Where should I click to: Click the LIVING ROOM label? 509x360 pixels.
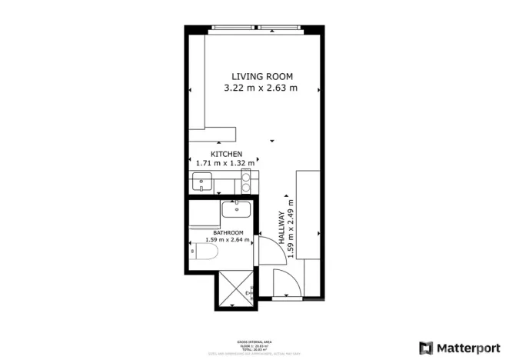click(x=263, y=76)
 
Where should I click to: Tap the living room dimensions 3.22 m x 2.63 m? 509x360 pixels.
click(x=261, y=88)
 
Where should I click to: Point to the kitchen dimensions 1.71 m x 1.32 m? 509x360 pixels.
click(x=225, y=163)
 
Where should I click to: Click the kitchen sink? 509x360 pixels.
click(x=201, y=182)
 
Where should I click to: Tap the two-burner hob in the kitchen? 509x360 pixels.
click(x=246, y=182)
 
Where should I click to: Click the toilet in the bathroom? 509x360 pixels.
click(x=204, y=252)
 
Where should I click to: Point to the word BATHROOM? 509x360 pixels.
click(x=228, y=232)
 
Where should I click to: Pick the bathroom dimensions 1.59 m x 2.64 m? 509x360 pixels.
click(x=229, y=240)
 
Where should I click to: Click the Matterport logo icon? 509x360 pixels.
click(x=425, y=347)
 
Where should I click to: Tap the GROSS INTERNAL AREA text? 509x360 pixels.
click(x=253, y=341)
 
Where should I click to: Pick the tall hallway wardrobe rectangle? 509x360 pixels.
click(x=310, y=215)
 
